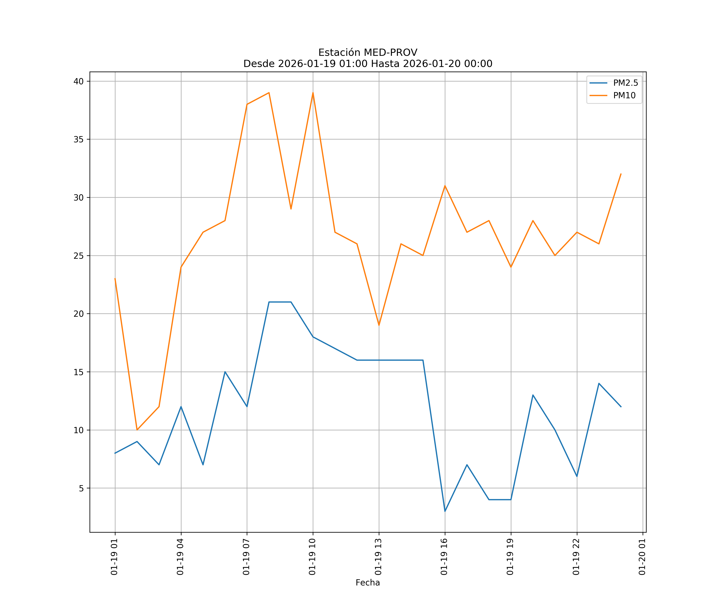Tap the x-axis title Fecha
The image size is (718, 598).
[368, 583]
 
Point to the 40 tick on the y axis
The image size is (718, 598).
[79, 81]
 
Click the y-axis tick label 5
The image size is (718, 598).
[81, 488]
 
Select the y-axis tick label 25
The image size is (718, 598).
[79, 256]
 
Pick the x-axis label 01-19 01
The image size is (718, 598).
[114, 557]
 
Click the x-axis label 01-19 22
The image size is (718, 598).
[576, 557]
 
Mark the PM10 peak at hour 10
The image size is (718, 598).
[313, 93]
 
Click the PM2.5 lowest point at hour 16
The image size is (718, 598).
[445, 511]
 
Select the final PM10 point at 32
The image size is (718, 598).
[621, 174]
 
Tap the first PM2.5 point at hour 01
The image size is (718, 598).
[115, 453]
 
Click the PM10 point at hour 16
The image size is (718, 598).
[445, 186]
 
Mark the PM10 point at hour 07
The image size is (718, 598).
[247, 104]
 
